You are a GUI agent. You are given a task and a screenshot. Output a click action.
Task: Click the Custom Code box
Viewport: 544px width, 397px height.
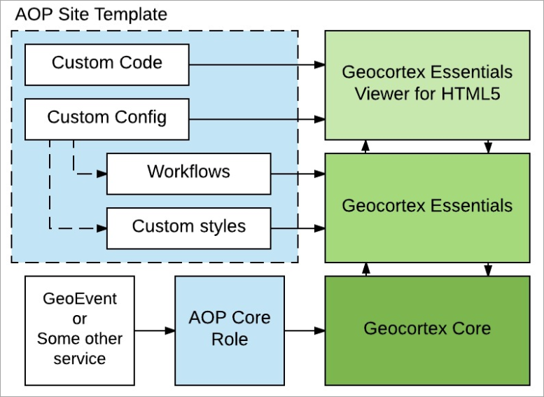click(107, 64)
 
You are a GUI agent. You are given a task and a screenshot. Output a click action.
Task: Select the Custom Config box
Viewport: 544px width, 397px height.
click(107, 119)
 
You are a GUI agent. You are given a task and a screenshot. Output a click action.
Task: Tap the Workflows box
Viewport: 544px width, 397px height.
click(189, 174)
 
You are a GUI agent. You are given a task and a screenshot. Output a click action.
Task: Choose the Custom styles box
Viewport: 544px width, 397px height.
click(189, 228)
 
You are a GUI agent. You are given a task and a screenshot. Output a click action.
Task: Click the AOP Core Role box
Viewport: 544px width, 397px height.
click(230, 330)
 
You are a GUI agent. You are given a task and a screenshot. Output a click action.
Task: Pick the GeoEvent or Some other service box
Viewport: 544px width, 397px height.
click(79, 330)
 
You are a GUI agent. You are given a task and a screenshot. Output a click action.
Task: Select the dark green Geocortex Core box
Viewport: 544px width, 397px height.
click(427, 330)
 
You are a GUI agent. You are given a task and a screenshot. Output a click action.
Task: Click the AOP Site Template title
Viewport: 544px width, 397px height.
click(91, 15)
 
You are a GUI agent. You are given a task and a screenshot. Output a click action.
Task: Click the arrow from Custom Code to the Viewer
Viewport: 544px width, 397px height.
click(257, 64)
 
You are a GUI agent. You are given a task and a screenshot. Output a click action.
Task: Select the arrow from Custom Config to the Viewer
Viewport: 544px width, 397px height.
click(257, 119)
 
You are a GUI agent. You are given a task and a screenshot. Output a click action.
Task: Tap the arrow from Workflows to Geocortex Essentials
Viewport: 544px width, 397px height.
click(298, 174)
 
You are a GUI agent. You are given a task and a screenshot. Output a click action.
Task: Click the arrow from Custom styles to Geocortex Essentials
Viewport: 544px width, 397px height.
click(298, 228)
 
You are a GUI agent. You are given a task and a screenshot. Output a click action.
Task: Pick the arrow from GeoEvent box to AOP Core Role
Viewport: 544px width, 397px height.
click(155, 330)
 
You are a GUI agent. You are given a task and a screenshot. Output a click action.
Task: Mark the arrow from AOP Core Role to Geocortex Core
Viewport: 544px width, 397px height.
click(305, 330)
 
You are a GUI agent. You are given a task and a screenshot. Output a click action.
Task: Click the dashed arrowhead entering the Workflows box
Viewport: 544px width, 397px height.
click(102, 174)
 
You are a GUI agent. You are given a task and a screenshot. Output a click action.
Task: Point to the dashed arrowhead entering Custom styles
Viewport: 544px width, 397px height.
click(102, 228)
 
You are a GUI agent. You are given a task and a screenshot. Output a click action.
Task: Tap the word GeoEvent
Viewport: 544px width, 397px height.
click(79, 299)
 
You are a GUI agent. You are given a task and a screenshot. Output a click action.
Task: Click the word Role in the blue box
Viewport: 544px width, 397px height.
click(230, 340)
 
